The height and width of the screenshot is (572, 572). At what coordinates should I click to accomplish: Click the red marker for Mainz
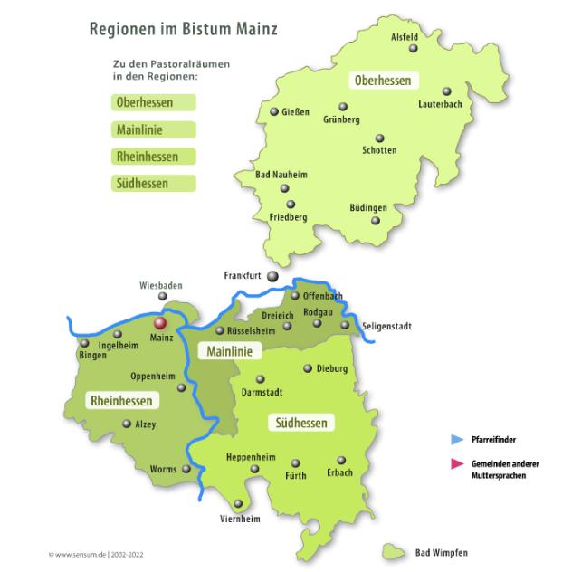(x=160, y=322)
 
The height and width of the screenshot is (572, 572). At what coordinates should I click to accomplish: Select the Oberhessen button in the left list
(x=151, y=102)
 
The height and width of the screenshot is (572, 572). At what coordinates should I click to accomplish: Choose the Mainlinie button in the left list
(x=151, y=129)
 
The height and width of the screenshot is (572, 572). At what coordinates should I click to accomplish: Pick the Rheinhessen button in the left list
(x=151, y=156)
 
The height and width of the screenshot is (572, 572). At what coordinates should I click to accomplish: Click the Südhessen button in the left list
(x=151, y=183)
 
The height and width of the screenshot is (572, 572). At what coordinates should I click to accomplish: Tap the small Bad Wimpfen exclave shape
(x=393, y=549)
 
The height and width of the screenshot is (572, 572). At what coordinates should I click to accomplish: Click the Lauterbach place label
(x=441, y=104)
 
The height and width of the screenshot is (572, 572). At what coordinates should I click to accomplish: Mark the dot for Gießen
(x=274, y=112)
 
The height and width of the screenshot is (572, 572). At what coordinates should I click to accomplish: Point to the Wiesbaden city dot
(x=163, y=296)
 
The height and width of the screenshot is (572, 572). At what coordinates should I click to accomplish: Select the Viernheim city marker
(x=238, y=503)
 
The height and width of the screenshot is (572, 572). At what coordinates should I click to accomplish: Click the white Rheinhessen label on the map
(x=120, y=400)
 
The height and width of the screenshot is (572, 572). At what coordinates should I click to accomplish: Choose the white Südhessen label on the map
(x=300, y=422)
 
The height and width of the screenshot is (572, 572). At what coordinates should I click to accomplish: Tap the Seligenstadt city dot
(x=344, y=325)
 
